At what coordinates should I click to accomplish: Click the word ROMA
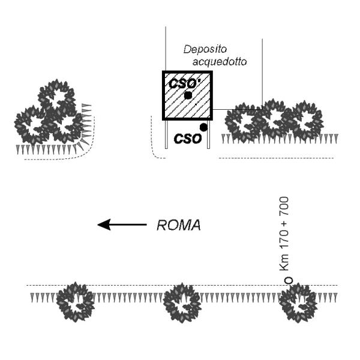pyautogui.click(x=178, y=226)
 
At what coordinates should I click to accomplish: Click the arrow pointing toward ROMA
pyautogui.click(x=122, y=225)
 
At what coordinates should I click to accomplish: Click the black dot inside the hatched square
pyautogui.click(x=188, y=95)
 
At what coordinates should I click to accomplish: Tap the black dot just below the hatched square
pyautogui.click(x=204, y=127)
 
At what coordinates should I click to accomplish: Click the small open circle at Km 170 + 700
pyautogui.click(x=288, y=280)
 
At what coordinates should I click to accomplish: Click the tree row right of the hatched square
pyautogui.click(x=274, y=121)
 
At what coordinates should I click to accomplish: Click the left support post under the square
pyautogui.click(x=167, y=134)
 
